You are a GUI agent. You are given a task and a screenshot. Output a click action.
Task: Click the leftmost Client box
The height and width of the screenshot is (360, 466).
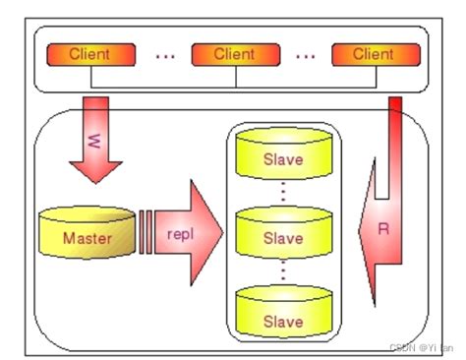click(91, 55)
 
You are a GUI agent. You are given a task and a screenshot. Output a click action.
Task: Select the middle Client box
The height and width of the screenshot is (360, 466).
click(236, 55)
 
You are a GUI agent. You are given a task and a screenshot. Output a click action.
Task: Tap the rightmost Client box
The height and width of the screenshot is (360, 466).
click(376, 55)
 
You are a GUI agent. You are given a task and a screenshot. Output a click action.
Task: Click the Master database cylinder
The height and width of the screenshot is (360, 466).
click(87, 232)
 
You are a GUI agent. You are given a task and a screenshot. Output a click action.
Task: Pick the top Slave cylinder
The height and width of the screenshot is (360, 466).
click(284, 153)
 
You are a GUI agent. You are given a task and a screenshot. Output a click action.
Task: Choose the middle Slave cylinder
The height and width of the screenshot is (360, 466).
click(284, 232)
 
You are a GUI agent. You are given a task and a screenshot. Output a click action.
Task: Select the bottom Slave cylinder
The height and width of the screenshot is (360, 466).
click(284, 312)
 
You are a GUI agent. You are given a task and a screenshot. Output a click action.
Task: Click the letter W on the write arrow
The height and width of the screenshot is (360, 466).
click(94, 141)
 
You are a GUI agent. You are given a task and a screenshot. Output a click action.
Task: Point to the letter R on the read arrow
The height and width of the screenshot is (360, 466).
click(383, 229)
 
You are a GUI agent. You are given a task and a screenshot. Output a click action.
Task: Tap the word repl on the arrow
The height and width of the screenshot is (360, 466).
click(180, 234)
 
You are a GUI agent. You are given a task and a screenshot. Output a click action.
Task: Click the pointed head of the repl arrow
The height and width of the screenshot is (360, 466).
click(223, 233)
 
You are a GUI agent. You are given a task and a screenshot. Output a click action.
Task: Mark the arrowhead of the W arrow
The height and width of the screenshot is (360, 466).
click(95, 183)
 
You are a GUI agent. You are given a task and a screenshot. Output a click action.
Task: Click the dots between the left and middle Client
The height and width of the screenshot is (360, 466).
click(165, 57)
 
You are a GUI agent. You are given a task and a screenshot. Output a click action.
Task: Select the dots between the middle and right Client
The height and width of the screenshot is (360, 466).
click(306, 57)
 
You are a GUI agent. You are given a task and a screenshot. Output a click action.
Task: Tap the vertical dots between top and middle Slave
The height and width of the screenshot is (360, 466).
click(283, 191)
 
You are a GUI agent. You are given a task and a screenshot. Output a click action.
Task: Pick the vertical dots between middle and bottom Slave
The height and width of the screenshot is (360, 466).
click(283, 270)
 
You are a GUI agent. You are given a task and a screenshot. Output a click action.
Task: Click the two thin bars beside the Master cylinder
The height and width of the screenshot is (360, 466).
click(146, 232)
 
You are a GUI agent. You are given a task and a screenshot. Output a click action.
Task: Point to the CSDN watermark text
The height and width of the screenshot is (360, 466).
click(422, 347)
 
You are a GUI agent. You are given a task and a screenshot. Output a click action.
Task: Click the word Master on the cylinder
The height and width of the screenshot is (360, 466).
click(87, 238)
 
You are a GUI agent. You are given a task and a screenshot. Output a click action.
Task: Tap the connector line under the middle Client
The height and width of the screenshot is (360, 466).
click(236, 77)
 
